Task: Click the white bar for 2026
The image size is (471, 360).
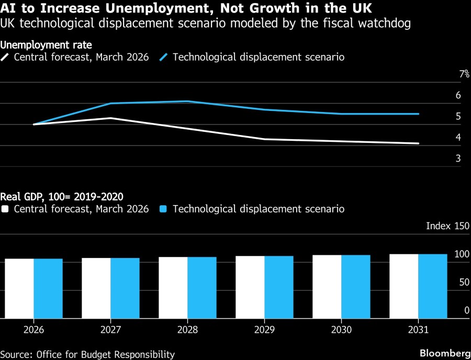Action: point(19,288)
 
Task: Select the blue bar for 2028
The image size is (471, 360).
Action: point(202,287)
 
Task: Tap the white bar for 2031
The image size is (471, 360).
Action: point(403,286)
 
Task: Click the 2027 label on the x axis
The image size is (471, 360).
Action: point(110,330)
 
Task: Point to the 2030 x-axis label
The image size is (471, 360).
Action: point(341,330)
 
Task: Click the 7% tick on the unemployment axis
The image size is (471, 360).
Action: point(464,74)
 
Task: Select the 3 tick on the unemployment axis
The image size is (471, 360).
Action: point(458,158)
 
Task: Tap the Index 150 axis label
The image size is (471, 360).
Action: point(447,226)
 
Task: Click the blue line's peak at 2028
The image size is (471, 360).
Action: point(187,101)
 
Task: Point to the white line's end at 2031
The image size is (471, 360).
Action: point(419,143)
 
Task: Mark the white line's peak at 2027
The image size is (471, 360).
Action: point(110,118)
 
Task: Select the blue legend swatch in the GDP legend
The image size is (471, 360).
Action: point(164,209)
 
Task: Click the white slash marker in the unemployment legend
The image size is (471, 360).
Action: point(6,57)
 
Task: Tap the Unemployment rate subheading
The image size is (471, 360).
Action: point(47,46)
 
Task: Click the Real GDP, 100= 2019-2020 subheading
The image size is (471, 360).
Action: point(62,197)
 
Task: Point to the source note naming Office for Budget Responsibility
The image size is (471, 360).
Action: point(87,354)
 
